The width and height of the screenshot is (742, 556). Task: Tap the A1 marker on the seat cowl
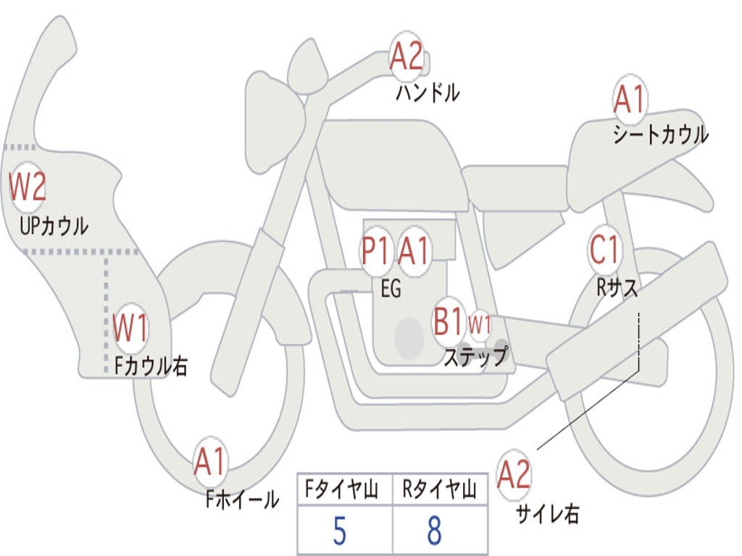[630, 98]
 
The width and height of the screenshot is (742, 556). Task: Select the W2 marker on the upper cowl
[28, 187]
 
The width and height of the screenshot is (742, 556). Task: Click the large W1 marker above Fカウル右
[130, 328]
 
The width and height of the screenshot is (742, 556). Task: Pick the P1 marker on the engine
[377, 251]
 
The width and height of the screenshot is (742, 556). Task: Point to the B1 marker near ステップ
[448, 321]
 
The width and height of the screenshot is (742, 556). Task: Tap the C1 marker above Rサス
[604, 249]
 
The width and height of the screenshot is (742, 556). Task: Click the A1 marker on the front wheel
[209, 461]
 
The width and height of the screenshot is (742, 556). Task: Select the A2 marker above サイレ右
[514, 474]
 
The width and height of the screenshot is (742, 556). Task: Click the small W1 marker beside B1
[480, 325]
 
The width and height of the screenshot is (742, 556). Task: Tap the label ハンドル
[428, 92]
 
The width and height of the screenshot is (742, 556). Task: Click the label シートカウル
[661, 135]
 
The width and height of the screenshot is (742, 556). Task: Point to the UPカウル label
[54, 226]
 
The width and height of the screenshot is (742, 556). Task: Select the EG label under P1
[391, 288]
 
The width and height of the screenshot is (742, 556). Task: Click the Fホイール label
[242, 499]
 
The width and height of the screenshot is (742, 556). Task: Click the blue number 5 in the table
[340, 531]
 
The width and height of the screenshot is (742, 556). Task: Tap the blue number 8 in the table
[435, 531]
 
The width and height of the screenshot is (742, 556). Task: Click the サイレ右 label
[547, 514]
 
